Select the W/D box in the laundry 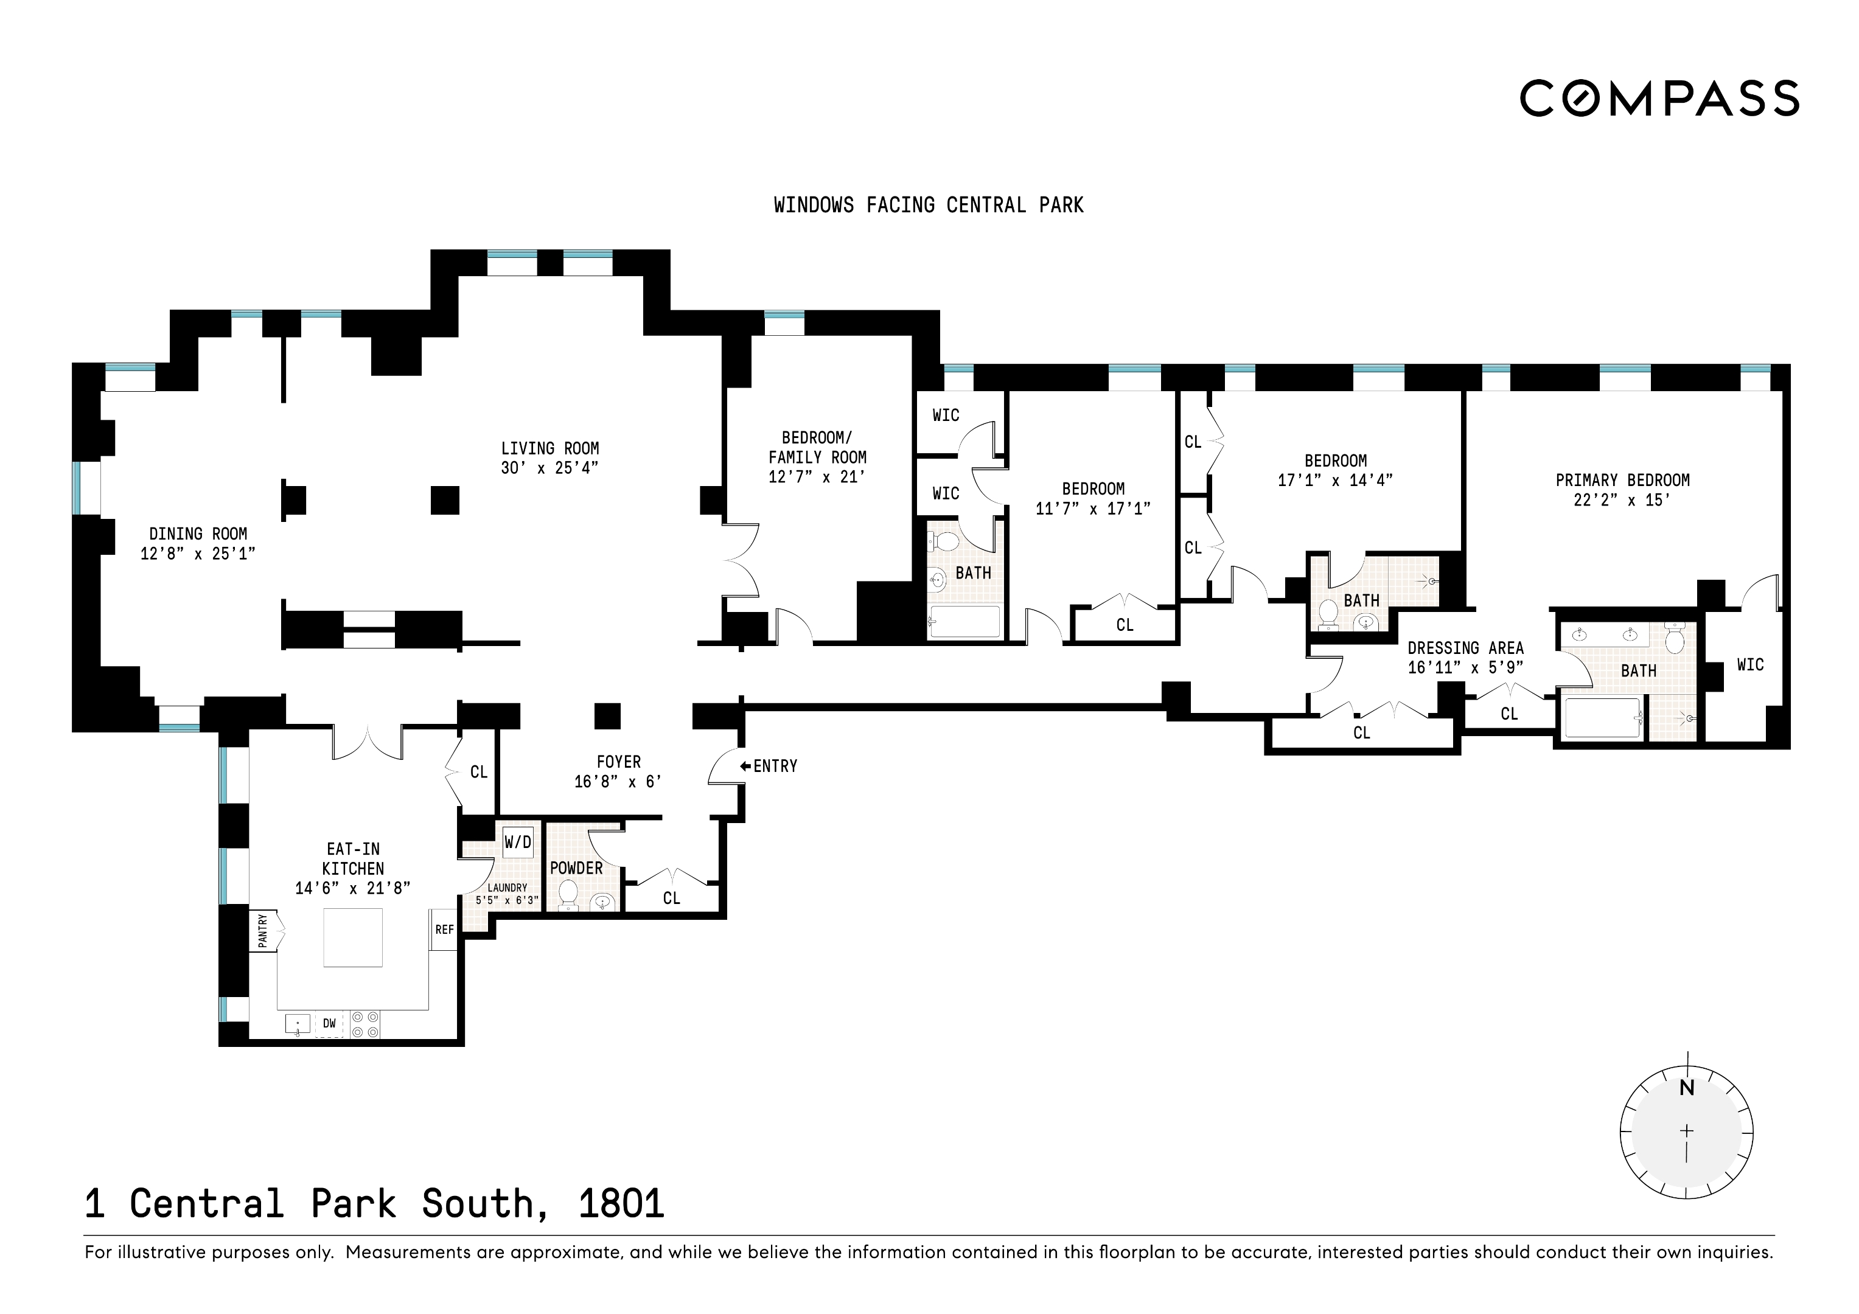pyautogui.click(x=517, y=842)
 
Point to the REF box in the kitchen pyautogui.click(x=444, y=930)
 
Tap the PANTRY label pyautogui.click(x=263, y=931)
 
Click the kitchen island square pyautogui.click(x=353, y=937)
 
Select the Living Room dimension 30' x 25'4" pyautogui.click(x=549, y=468)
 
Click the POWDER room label pyautogui.click(x=576, y=868)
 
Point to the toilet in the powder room pyautogui.click(x=568, y=895)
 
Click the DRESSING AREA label pyautogui.click(x=1465, y=648)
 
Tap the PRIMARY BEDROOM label pyautogui.click(x=1622, y=480)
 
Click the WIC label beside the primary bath pyautogui.click(x=1749, y=665)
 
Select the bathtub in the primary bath pyautogui.click(x=1603, y=717)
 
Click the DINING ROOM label pyautogui.click(x=198, y=534)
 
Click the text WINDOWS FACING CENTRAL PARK pyautogui.click(x=929, y=206)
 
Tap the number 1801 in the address pyautogui.click(x=621, y=1204)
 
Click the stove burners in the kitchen pyautogui.click(x=364, y=1024)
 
